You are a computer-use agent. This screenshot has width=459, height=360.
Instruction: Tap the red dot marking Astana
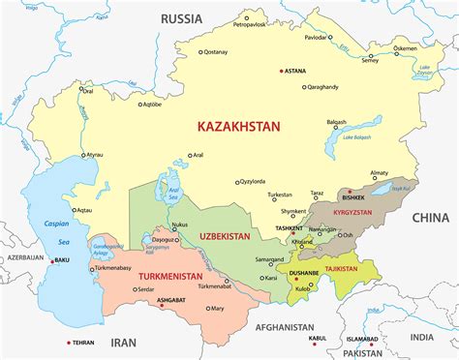[281, 71]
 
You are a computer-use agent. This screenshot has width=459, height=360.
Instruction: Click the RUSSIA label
[181, 17]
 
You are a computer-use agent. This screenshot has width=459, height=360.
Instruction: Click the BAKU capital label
[62, 260]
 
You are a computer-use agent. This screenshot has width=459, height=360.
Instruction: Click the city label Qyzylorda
[255, 181]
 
